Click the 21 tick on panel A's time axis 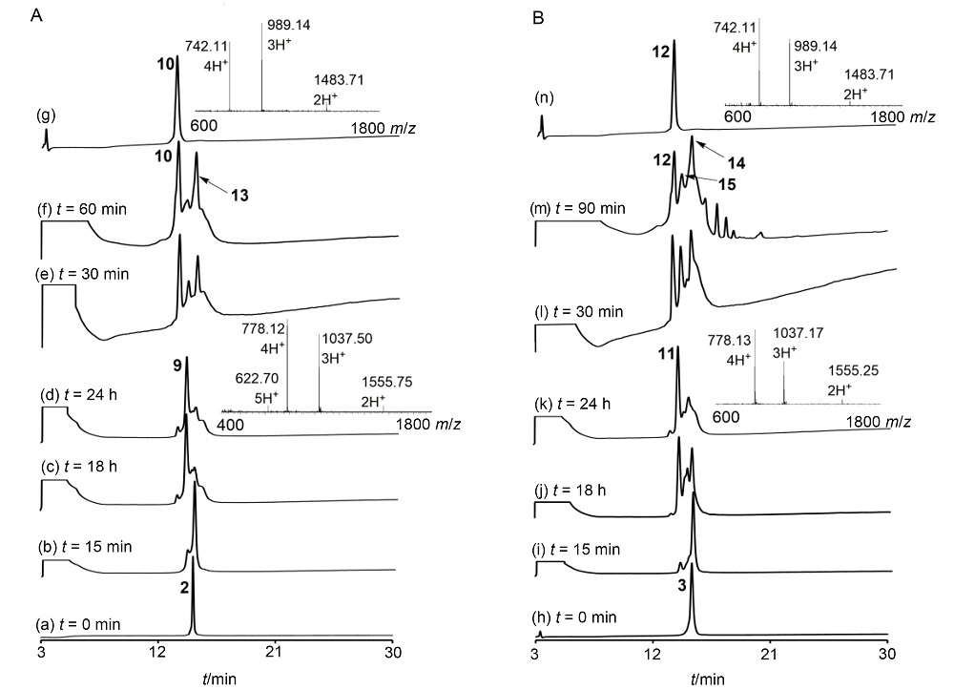pyautogui.click(x=277, y=652)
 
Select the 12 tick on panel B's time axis pyautogui.click(x=653, y=652)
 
